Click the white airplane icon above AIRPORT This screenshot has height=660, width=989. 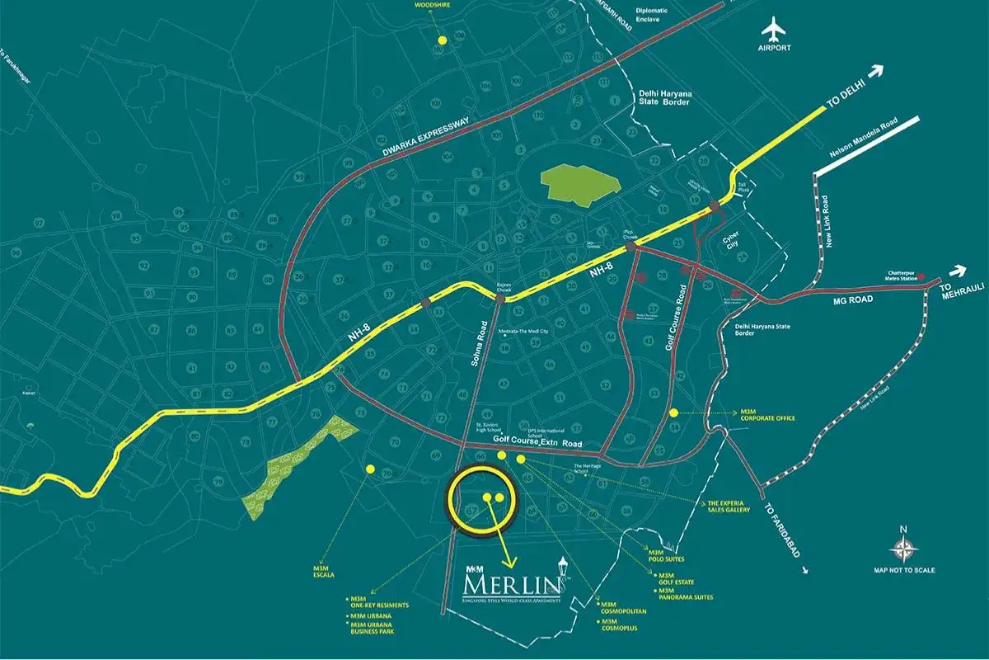tap(774, 31)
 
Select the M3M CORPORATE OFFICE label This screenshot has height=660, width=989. tap(766, 415)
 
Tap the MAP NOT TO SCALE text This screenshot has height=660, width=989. tap(904, 570)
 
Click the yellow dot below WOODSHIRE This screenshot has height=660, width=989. tap(443, 40)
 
